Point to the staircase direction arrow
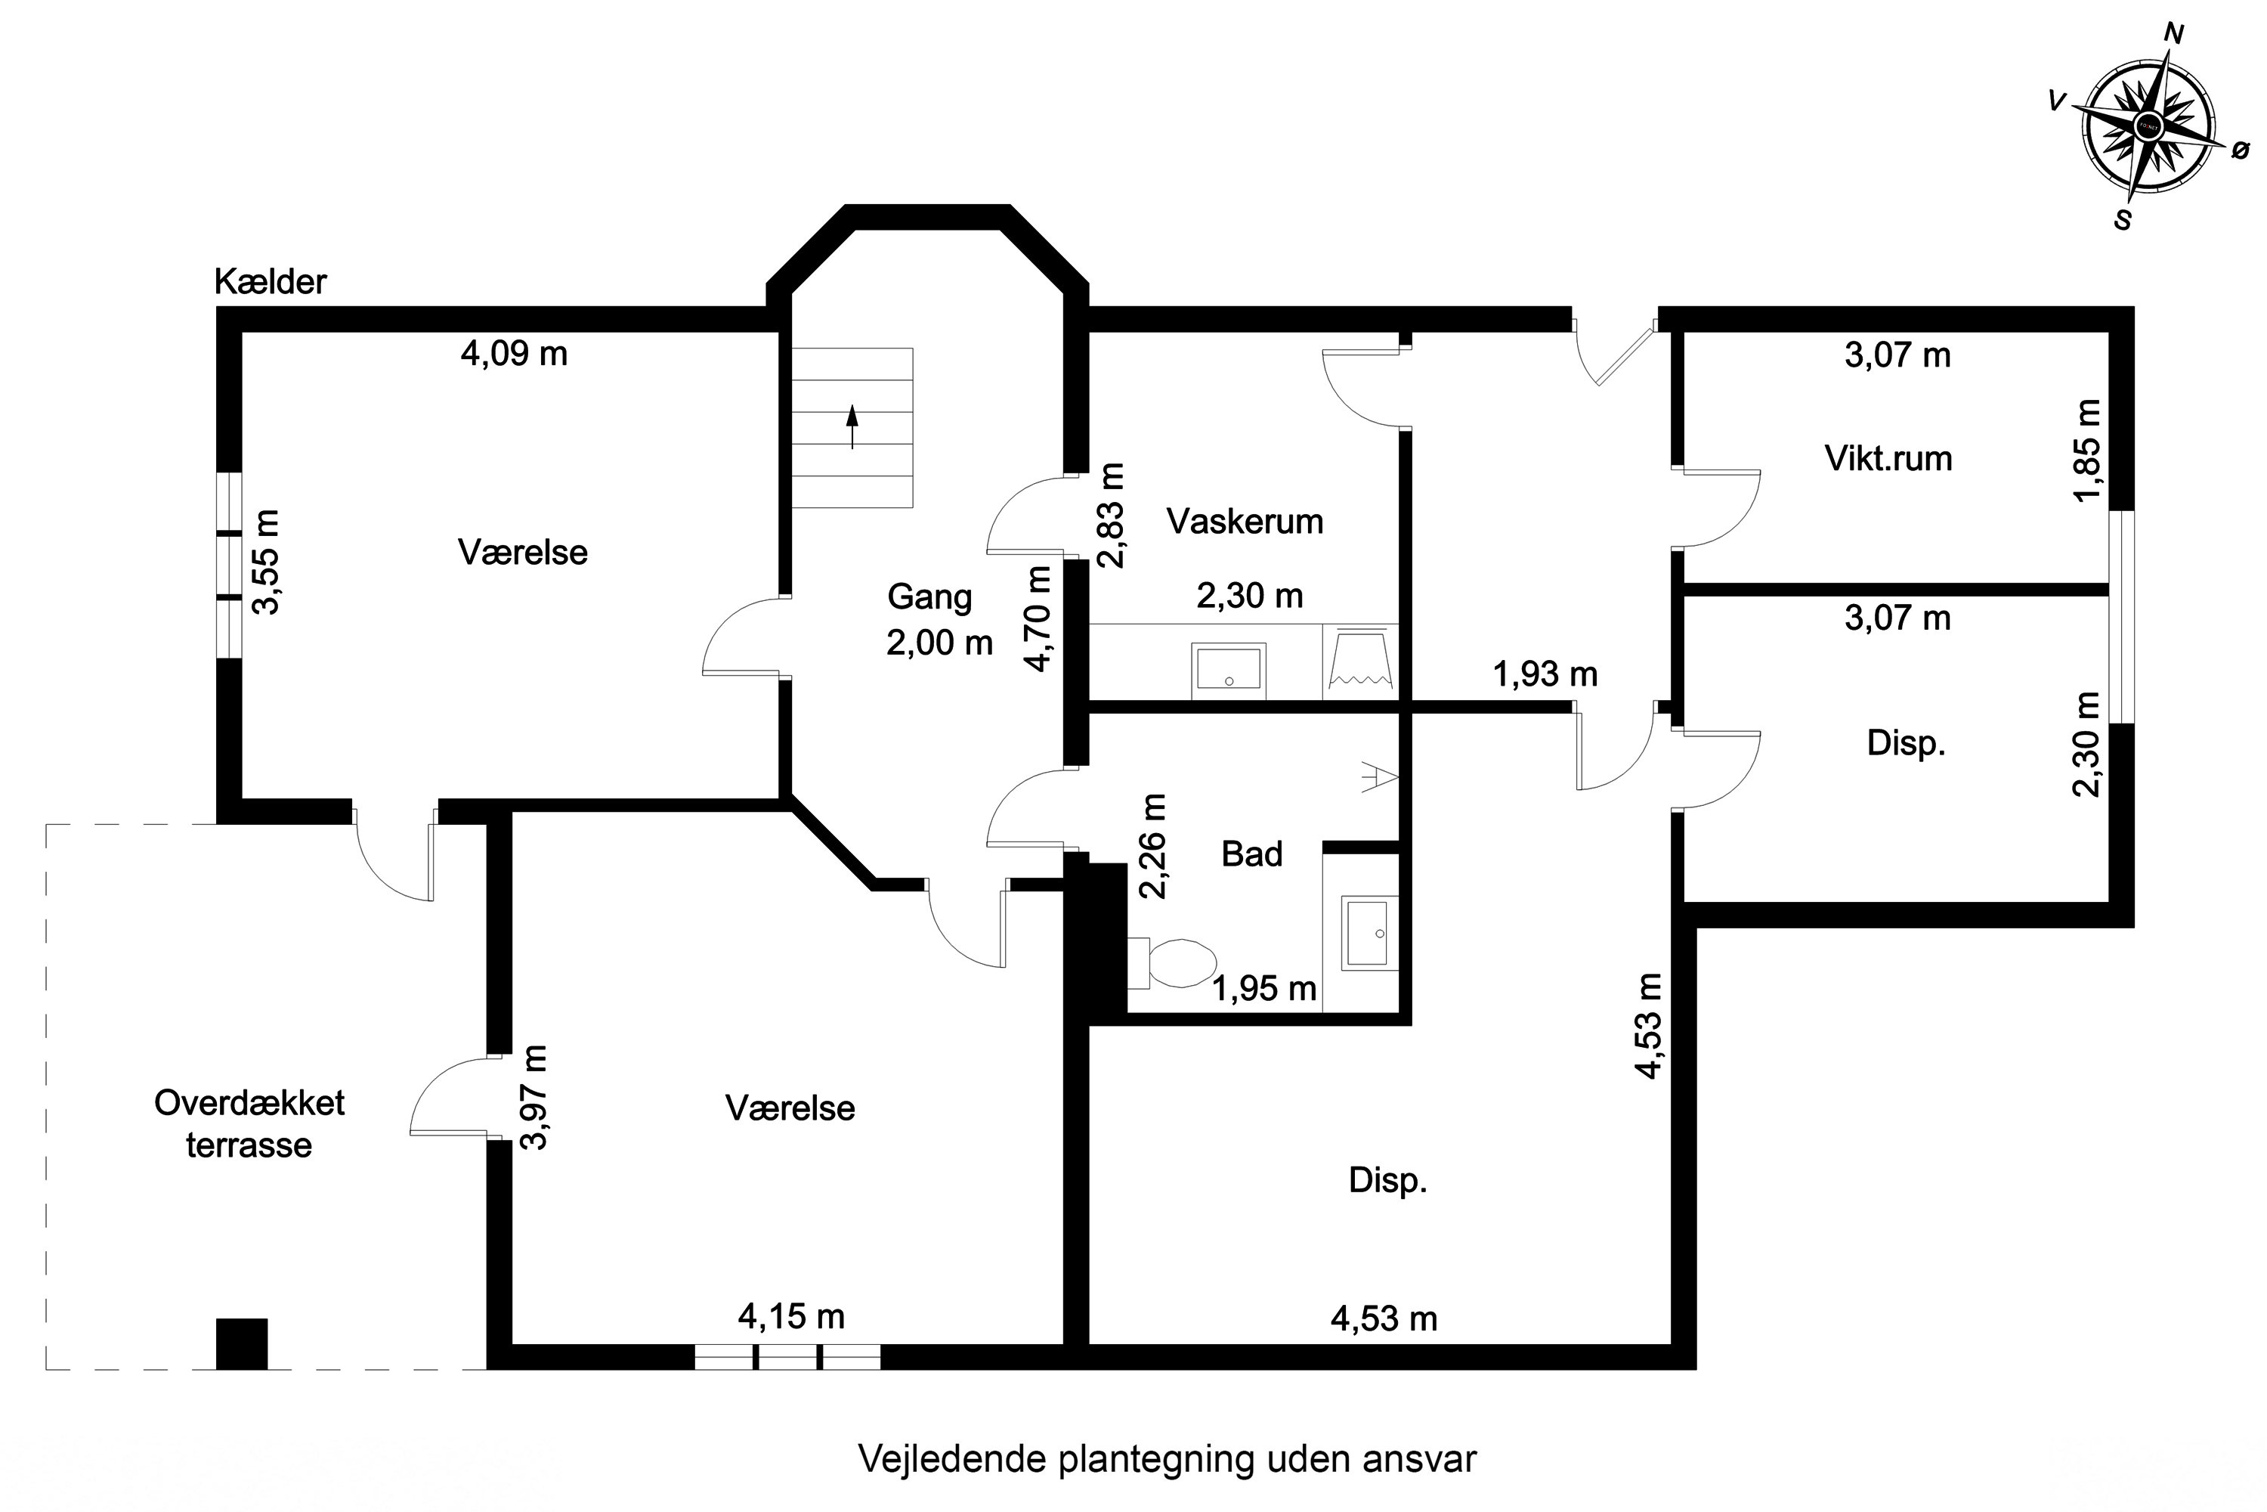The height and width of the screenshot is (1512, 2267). (852, 427)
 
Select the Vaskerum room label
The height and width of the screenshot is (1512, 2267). (1245, 522)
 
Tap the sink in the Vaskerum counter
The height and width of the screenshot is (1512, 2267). (1228, 668)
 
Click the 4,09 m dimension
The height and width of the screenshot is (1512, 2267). (514, 354)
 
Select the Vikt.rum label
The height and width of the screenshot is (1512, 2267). (1888, 458)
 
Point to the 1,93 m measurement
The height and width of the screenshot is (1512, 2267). (1545, 674)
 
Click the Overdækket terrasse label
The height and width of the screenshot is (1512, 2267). (249, 1123)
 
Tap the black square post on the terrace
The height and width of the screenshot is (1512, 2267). (241, 1343)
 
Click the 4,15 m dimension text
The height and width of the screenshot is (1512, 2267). (791, 1316)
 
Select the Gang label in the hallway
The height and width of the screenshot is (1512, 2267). (929, 597)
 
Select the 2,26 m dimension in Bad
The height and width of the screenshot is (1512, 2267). (1153, 846)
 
